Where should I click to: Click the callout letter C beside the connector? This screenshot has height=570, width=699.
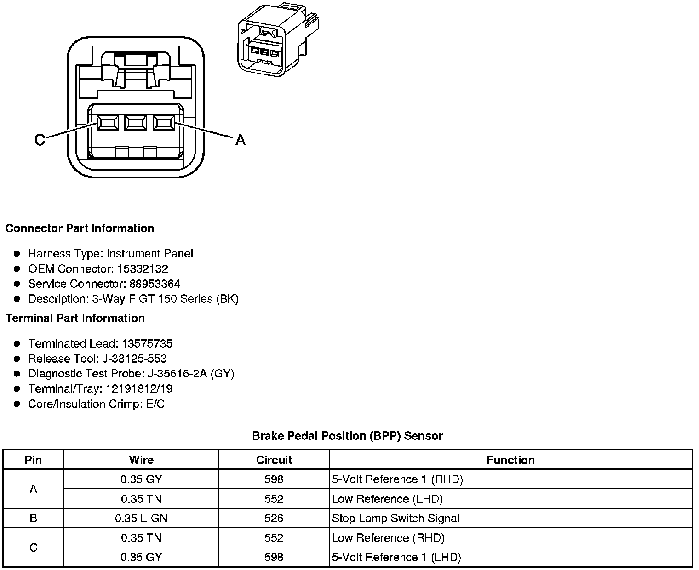click(x=40, y=139)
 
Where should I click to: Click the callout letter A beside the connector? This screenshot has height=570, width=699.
click(x=240, y=139)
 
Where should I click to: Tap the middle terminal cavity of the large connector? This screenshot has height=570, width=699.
click(x=135, y=123)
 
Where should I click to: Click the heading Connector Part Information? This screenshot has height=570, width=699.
click(x=80, y=228)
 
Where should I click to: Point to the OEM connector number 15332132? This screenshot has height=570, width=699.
click(x=143, y=268)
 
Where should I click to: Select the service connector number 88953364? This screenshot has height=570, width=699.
click(x=155, y=284)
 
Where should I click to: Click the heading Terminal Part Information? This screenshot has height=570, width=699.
click(x=75, y=318)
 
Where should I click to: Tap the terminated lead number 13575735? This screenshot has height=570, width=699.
click(x=147, y=343)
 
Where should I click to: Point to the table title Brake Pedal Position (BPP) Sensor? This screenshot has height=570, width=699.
click(x=347, y=436)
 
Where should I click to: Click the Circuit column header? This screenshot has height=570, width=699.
click(x=274, y=460)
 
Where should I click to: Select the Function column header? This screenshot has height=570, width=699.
click(x=510, y=460)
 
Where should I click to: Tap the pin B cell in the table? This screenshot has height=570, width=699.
click(x=33, y=518)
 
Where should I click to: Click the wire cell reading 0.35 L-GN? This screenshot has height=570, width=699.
click(x=141, y=518)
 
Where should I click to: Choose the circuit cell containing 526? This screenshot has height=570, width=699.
click(x=274, y=518)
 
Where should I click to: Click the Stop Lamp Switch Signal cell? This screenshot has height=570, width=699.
click(x=395, y=518)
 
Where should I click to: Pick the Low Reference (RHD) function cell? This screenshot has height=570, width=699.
click(x=388, y=538)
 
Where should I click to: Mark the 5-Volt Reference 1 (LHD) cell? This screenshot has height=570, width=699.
click(x=396, y=557)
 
